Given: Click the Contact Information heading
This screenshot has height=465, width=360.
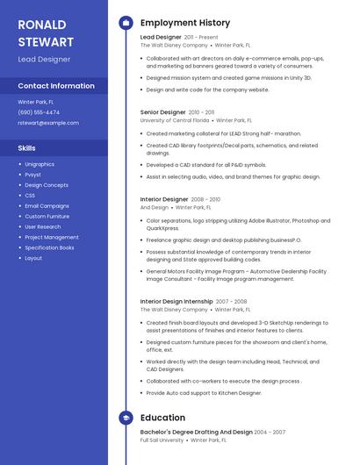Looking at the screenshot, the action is coord(56,86).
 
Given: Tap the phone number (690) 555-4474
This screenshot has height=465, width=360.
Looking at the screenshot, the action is coord(39,112).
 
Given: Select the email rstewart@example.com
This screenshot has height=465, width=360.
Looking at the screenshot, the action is coord(48,123).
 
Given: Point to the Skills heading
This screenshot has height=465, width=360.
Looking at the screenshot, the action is coord(26,148).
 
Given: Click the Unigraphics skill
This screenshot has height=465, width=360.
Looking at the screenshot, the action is coord(40,164).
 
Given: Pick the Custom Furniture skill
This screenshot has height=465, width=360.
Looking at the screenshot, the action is coord(47,216).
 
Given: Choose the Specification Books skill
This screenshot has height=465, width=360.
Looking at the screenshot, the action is coord(49,247).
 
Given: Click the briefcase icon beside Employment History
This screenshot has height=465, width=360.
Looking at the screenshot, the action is coord(126,23).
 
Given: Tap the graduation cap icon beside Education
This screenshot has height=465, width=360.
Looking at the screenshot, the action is coord(126,418).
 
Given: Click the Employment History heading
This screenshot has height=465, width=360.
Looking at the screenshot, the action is coord(184,23).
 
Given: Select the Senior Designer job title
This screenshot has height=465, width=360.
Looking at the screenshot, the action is coord(163,112).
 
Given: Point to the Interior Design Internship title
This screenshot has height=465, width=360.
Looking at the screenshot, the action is coord(176,301).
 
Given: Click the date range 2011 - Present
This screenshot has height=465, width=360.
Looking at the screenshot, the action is coord(201,38).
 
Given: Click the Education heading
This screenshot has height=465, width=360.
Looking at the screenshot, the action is coord(162,418).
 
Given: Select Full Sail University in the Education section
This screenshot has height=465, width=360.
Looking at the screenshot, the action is coord(162,440).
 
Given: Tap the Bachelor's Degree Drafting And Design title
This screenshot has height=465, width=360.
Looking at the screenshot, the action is coord(196,432).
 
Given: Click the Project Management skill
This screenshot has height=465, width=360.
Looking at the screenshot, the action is coord(51,237).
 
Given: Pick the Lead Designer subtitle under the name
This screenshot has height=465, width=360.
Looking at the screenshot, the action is coord(44,59).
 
